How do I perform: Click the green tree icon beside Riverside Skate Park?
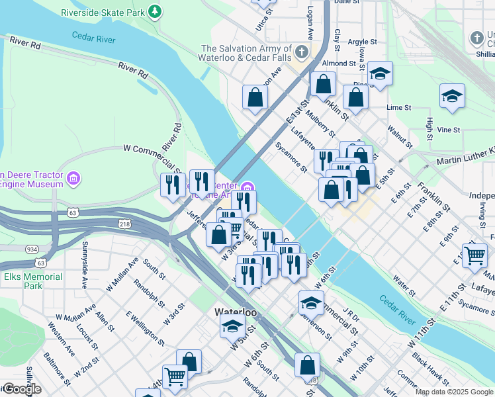click(155, 11)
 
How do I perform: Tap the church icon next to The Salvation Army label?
click(302, 52)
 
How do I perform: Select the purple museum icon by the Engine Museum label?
click(73, 177)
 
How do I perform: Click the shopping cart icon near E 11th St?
click(474, 255)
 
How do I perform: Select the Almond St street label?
click(339, 64)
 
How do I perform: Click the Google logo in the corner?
click(21, 389)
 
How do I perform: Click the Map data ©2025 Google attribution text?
click(454, 392)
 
